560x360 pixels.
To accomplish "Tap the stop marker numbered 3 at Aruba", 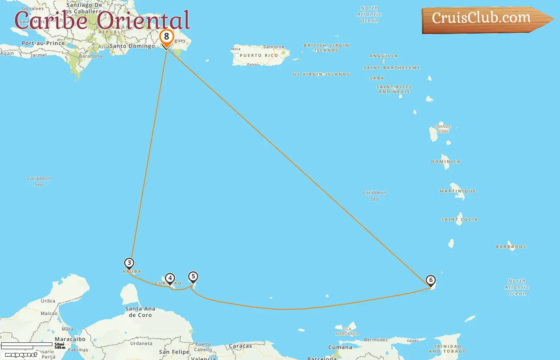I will (129, 263).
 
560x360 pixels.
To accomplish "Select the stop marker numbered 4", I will (170, 278).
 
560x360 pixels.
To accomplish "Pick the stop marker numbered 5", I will (193, 277).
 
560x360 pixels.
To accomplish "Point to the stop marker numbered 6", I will (431, 280).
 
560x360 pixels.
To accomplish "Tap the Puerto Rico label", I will (259, 56).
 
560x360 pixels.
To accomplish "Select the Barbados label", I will (511, 247).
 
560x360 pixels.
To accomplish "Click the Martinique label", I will (458, 191).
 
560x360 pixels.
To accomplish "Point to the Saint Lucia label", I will (459, 220).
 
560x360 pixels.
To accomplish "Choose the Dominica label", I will (446, 162).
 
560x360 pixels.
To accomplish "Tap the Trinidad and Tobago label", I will (447, 349).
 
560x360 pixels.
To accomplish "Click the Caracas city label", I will (240, 346).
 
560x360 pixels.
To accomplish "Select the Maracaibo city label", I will (70, 339).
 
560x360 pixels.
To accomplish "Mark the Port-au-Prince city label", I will (43, 43).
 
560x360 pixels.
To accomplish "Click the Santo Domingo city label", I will (132, 46).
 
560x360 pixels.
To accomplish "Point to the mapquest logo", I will (21, 355).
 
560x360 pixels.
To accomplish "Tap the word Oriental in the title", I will (143, 21).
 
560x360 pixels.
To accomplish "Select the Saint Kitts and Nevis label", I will (394, 89).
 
